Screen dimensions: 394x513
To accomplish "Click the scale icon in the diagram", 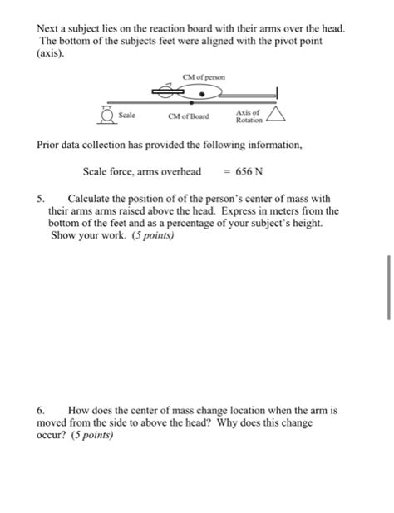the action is [x=106, y=115].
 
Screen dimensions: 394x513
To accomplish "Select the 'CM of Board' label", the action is [x=189, y=117].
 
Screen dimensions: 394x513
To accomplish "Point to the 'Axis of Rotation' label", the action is [x=248, y=116].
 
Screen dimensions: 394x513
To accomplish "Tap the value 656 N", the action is [x=249, y=172].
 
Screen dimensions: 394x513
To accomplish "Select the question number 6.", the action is [x=42, y=410].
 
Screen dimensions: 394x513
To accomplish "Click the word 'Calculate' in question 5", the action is [x=92, y=200].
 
